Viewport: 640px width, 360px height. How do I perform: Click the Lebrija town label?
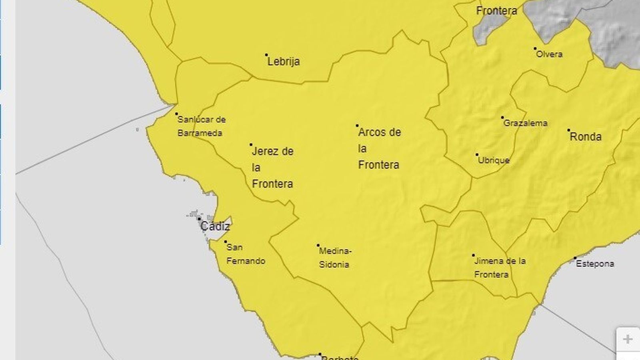(x=284, y=62)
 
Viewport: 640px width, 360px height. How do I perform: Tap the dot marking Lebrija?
(x=266, y=55)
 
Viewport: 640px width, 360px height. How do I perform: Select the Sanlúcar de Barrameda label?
(x=201, y=126)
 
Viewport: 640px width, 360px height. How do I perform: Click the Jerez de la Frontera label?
(x=272, y=168)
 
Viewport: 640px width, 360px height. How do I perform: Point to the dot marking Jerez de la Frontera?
(x=251, y=144)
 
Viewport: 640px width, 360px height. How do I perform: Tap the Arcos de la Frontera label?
(x=379, y=148)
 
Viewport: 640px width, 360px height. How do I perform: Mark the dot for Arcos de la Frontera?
(x=357, y=126)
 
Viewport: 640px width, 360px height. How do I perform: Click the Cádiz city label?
(x=215, y=226)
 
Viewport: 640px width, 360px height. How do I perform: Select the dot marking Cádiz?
(x=199, y=219)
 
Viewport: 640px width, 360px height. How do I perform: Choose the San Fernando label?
(x=246, y=254)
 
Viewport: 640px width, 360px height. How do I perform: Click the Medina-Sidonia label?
(x=335, y=258)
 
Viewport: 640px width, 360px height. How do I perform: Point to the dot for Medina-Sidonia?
(x=318, y=245)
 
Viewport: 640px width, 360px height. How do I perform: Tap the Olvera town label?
(x=549, y=54)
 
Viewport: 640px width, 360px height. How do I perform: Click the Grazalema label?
(x=525, y=123)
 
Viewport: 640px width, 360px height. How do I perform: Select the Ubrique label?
(x=494, y=160)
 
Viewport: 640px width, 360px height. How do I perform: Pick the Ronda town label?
(x=586, y=137)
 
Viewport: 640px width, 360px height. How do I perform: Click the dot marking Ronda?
(x=568, y=130)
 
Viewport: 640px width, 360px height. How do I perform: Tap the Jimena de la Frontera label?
(x=500, y=268)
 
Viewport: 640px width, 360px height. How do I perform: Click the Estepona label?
(x=595, y=264)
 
